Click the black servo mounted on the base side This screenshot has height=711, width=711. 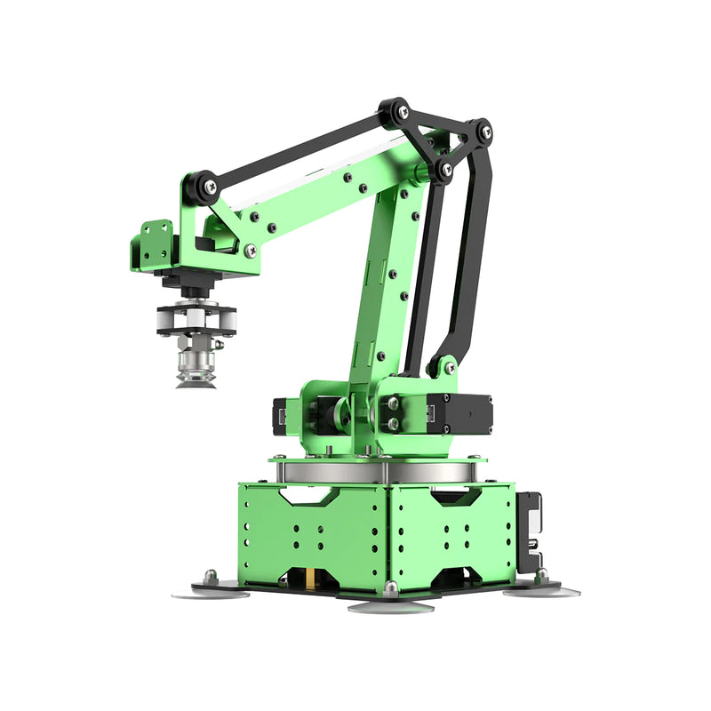pyautogui.click(x=529, y=531)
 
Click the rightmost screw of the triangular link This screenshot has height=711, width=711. pyautogui.click(x=485, y=132)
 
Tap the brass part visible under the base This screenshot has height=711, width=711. pyautogui.click(x=310, y=580)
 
